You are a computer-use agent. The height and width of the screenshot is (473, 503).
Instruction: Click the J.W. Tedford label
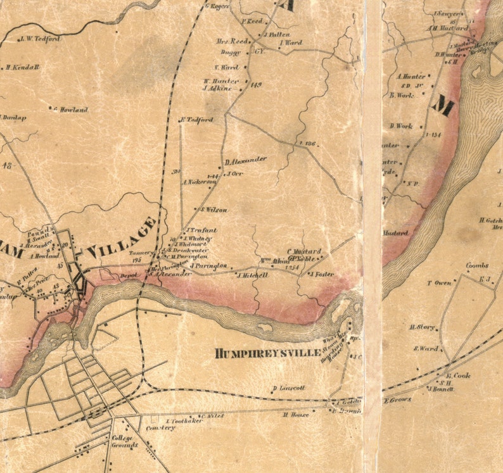tap(40, 39)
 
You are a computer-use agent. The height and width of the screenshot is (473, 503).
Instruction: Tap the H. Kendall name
tap(23, 67)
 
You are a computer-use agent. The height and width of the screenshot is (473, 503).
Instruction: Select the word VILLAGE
tap(121, 239)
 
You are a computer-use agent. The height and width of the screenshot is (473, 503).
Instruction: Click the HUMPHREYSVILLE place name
tap(268, 353)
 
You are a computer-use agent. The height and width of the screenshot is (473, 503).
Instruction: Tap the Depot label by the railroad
tap(129, 275)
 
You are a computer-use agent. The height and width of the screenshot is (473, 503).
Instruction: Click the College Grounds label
tap(124, 441)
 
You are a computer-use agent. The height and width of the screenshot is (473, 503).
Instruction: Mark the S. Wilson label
tap(215, 210)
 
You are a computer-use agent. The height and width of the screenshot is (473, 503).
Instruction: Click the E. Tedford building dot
tap(181, 119)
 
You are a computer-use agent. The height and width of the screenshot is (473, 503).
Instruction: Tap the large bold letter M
tap(443, 104)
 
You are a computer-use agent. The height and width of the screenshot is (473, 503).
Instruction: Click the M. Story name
tap(422, 327)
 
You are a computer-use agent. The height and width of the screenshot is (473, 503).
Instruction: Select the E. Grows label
tap(397, 400)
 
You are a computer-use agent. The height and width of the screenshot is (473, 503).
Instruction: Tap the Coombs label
tap(477, 266)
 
